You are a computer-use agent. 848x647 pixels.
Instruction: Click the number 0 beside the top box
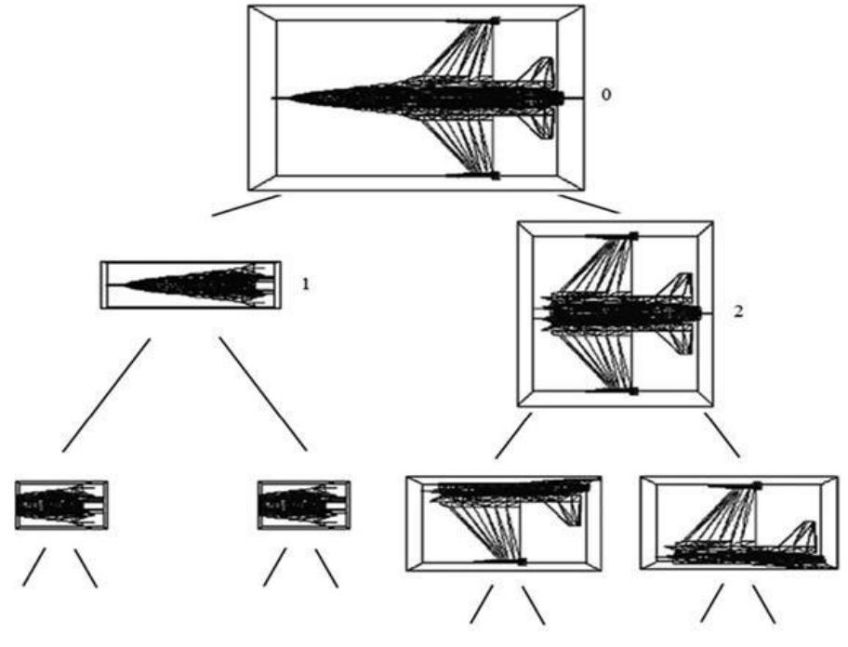click(x=606, y=95)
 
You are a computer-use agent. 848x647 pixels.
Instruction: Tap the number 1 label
click(x=306, y=284)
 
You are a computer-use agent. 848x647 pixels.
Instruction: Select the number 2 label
click(x=738, y=311)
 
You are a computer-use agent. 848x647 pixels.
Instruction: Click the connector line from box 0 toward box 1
click(x=246, y=205)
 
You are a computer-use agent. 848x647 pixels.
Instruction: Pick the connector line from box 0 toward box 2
click(x=589, y=204)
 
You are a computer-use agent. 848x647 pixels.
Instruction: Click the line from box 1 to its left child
click(x=106, y=395)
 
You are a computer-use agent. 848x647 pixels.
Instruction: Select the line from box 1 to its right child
click(x=263, y=394)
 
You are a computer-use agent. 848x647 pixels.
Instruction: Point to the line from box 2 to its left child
click(x=513, y=436)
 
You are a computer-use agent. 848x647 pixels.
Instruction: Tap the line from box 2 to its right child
click(x=722, y=435)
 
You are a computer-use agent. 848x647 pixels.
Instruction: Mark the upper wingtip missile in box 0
click(x=472, y=20)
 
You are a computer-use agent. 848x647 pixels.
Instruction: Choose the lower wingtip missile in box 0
click(x=472, y=176)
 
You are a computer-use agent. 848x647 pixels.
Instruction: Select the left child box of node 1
click(x=61, y=505)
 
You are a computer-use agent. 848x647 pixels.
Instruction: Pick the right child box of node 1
click(x=303, y=505)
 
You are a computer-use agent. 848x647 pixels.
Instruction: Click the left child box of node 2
click(x=504, y=523)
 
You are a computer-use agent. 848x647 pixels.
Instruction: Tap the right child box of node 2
click(x=739, y=522)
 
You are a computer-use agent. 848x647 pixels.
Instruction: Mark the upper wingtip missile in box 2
click(x=612, y=236)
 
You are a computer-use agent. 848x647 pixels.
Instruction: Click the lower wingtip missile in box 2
click(x=612, y=390)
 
